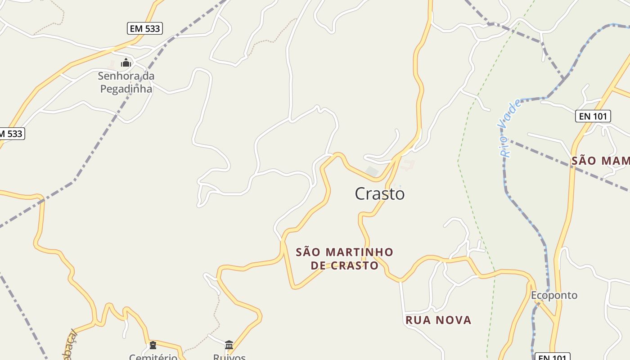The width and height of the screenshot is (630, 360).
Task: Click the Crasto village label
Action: (380, 194)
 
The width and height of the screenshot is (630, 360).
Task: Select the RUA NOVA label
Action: (438, 320)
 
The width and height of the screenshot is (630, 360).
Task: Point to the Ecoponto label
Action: (554, 296)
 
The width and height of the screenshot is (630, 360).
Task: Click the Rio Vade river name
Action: (511, 128)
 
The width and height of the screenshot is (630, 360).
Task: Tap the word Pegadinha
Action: (126, 89)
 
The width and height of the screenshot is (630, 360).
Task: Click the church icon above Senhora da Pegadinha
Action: (126, 63)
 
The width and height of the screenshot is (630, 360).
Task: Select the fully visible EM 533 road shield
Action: (144, 29)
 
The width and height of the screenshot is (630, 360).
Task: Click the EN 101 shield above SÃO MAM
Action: (593, 116)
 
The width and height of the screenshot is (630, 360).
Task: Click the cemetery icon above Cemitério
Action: (153, 345)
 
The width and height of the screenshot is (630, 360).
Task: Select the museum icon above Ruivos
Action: (229, 345)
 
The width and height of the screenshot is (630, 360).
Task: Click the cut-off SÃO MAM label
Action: (600, 161)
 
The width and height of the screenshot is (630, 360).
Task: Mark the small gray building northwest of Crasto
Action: (371, 171)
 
